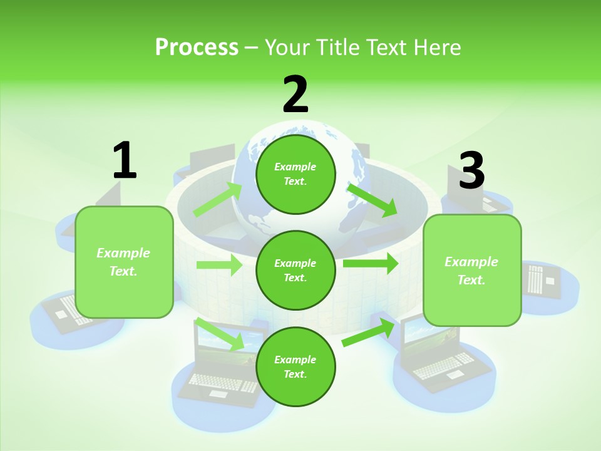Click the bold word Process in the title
pos(197,47)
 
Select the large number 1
pos(125,160)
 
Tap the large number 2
pos(295,95)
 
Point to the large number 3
pos(471,170)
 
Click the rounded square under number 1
pos(124,262)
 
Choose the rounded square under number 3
pos(472,270)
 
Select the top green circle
pos(295,174)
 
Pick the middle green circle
pos(295,270)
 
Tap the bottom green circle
pos(295,366)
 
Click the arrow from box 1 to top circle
pos(218,200)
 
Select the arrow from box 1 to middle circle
pos(219,265)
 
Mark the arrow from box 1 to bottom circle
pos(220,334)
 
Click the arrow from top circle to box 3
pos(372,200)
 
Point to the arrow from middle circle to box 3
pos(370,263)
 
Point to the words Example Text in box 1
pos(123,262)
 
